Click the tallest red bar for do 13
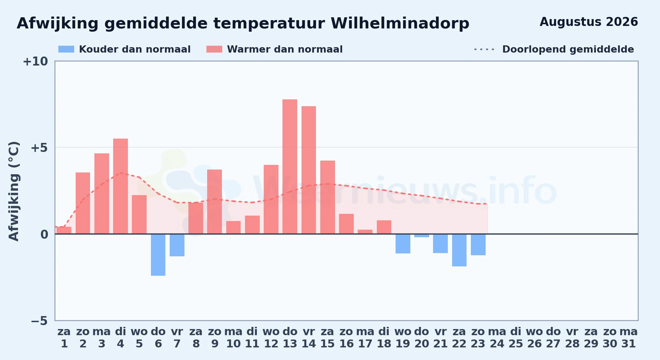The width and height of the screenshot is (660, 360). (290, 167)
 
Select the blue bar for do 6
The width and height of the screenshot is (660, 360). (158, 255)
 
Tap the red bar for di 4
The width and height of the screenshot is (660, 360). (120, 186)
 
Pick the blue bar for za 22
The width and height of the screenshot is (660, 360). (459, 250)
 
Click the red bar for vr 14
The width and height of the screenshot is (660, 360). (309, 170)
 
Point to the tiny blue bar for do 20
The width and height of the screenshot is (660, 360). (422, 236)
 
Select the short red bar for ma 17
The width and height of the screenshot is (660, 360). (365, 232)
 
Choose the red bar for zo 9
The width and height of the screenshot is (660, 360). (215, 202)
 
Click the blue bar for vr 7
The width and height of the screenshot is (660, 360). (177, 245)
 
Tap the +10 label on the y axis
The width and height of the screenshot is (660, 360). (35, 62)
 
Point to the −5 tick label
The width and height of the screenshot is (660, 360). (39, 321)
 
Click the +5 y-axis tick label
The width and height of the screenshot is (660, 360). (39, 148)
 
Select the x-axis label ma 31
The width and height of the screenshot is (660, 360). (629, 338)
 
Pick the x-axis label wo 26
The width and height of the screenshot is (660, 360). (535, 338)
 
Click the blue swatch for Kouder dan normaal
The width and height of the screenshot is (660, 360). (66, 49)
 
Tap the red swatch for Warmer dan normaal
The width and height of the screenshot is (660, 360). (214, 49)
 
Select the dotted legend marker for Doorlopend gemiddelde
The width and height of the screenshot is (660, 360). (485, 49)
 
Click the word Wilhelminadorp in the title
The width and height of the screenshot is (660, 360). (400, 23)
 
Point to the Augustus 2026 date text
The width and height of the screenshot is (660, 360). (589, 22)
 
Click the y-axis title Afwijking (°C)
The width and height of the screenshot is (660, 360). (14, 191)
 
